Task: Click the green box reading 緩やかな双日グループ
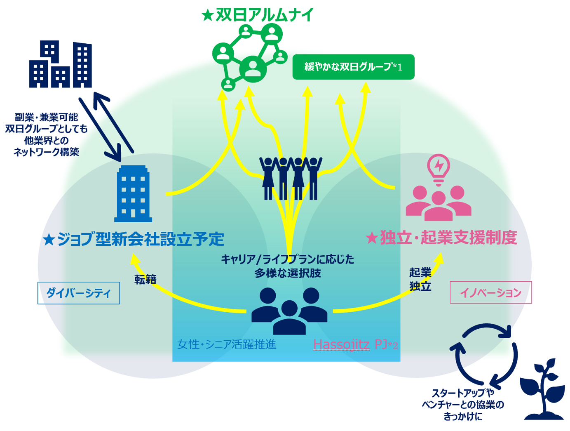pyautogui.click(x=353, y=67)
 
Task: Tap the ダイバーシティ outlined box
pyautogui.click(x=79, y=293)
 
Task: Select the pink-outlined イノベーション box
pyautogui.click(x=490, y=292)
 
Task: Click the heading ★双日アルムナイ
pyautogui.click(x=258, y=15)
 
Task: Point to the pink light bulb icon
pyautogui.click(x=439, y=169)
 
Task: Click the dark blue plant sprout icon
pyautogui.click(x=542, y=390)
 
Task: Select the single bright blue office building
pyautogui.click(x=133, y=194)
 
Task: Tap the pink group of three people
pyautogui.click(x=438, y=203)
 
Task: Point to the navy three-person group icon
pyautogui.click(x=289, y=311)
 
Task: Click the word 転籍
pyautogui.click(x=145, y=280)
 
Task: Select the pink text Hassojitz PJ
pyautogui.click(x=355, y=344)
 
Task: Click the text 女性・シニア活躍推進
pyautogui.click(x=227, y=344)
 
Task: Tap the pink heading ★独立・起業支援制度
pyautogui.click(x=441, y=238)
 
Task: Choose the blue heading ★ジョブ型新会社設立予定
pyautogui.click(x=134, y=239)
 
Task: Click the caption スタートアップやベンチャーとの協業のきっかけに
pyautogui.click(x=463, y=405)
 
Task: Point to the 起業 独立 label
pyautogui.click(x=420, y=279)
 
